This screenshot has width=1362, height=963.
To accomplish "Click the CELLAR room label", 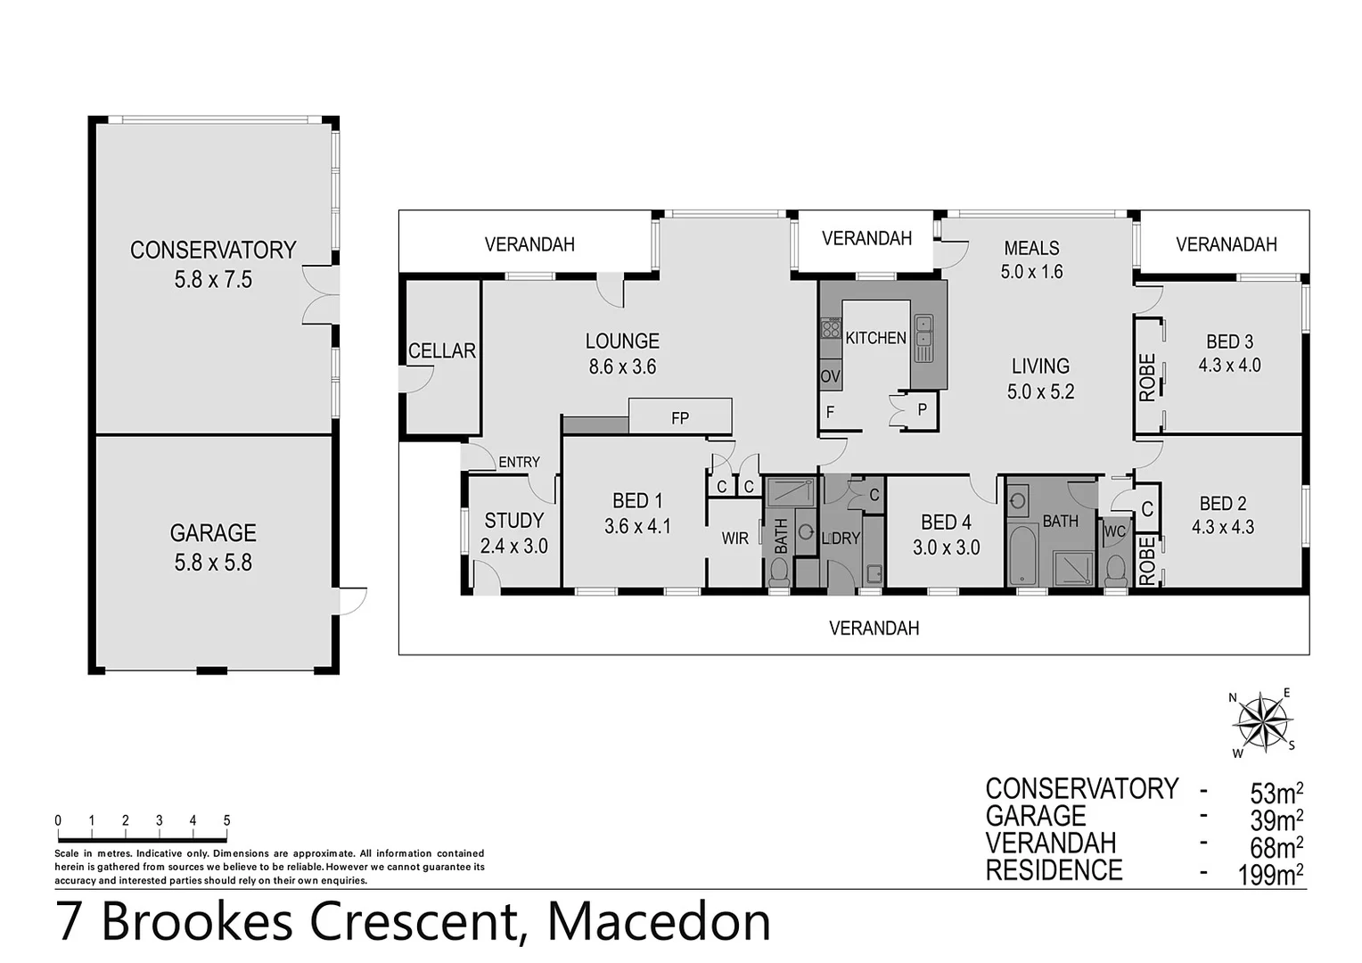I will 441,351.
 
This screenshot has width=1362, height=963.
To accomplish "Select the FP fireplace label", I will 680,417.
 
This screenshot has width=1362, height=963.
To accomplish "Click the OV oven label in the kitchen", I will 830,376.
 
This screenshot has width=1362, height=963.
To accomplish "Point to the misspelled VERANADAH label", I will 1226,244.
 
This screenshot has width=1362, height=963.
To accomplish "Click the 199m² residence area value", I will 1270,874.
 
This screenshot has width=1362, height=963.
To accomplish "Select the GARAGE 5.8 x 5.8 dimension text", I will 213,563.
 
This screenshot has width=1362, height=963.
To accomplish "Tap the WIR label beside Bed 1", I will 734,539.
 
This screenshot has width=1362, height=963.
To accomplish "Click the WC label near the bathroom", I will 1114,531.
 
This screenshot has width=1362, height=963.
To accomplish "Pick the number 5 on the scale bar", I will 227,821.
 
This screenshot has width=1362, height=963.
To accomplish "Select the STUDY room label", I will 513,521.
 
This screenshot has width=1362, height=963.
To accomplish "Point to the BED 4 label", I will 946,523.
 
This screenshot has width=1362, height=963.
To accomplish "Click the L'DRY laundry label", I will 840,539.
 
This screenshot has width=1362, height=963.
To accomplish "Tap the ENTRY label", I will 519,462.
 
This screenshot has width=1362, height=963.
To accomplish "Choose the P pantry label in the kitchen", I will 922,410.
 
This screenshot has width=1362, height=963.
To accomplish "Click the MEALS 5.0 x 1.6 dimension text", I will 1031,272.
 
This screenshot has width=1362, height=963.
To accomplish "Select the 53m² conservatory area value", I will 1276,792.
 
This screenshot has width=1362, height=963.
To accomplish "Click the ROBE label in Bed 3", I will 1147,377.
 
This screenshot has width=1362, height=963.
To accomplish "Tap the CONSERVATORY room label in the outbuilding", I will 213,251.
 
